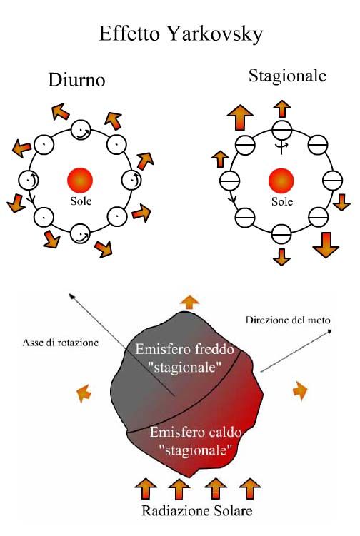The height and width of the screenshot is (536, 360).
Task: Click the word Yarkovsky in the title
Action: pyautogui.click(x=216, y=34)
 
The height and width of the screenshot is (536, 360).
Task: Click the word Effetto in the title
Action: pyautogui.click(x=129, y=34)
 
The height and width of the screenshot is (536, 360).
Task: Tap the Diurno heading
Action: pyautogui.click(x=76, y=80)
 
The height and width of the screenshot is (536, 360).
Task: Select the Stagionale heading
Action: pyautogui.click(x=287, y=76)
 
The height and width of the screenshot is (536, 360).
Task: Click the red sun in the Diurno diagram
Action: pyautogui.click(x=80, y=180)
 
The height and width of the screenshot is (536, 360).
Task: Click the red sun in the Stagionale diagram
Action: pyautogui.click(x=281, y=181)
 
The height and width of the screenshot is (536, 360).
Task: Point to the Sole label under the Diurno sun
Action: pyautogui.click(x=81, y=201)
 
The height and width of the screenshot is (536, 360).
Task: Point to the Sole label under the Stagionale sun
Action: pyautogui.click(x=282, y=201)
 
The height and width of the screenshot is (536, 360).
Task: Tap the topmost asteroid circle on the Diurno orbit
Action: pyautogui.click(x=81, y=130)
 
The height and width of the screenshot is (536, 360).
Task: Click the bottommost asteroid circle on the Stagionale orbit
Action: pyautogui.click(x=281, y=234)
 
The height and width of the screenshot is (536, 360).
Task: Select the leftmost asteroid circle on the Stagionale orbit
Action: pyautogui.click(x=229, y=181)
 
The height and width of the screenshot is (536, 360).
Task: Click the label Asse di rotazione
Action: pyautogui.click(x=60, y=343)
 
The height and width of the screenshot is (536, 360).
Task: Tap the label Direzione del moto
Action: pyautogui.click(x=288, y=320)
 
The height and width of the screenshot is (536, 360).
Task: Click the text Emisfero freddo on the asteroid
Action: pyautogui.click(x=185, y=349)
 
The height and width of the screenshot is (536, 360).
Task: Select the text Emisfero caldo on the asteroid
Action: pyautogui.click(x=196, y=432)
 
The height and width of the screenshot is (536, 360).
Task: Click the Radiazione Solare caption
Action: pyautogui.click(x=197, y=511)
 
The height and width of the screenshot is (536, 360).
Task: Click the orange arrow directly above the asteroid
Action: pyautogui.click(x=189, y=303)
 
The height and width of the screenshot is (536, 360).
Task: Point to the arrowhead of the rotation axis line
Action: pyautogui.click(x=70, y=295)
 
